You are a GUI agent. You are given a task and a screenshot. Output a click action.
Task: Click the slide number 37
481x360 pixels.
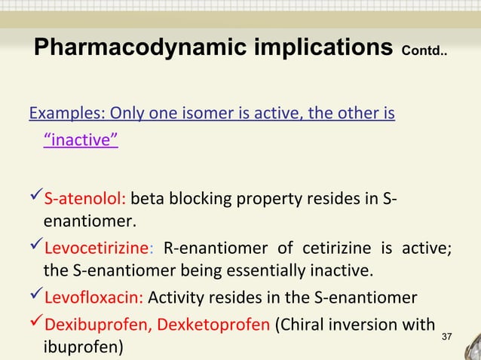pos(446,335)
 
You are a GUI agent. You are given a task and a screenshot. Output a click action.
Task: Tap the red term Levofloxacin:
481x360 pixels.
pos(95,299)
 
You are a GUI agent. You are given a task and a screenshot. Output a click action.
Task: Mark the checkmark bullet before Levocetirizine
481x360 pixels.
pos(35,249)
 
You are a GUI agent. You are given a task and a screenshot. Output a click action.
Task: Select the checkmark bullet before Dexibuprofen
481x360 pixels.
pos(35,325)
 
